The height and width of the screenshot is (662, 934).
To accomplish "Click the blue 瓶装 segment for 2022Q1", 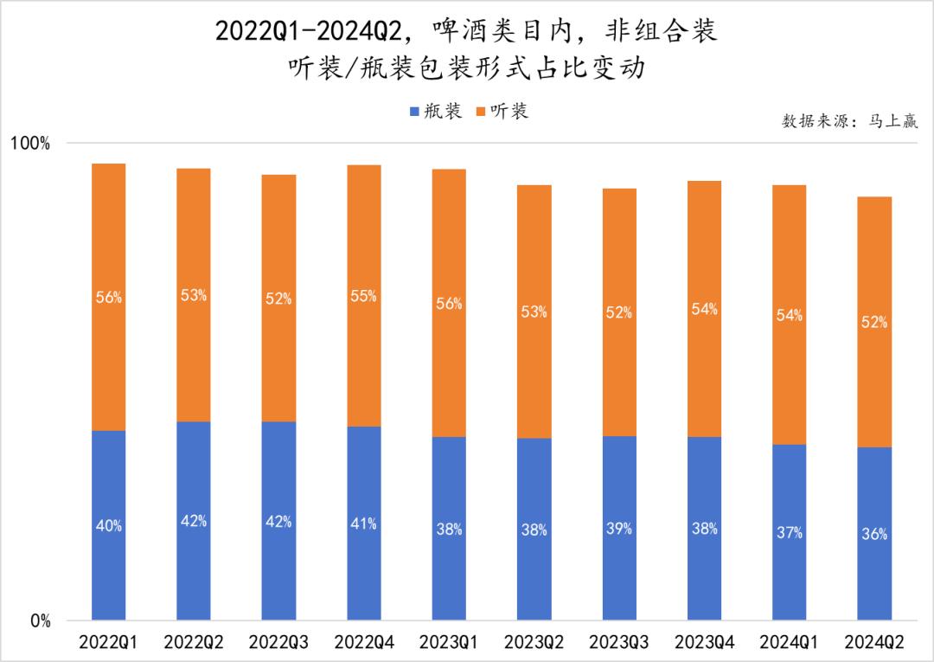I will click(x=108, y=485).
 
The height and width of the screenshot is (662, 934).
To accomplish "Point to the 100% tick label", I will click(x=30, y=143).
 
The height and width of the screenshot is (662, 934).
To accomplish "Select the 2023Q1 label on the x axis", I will click(x=449, y=643).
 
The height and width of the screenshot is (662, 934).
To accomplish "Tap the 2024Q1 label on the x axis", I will click(x=789, y=643).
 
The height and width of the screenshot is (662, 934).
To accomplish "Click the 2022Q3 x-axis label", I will click(x=278, y=643).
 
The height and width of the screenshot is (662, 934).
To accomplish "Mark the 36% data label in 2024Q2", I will click(x=874, y=534).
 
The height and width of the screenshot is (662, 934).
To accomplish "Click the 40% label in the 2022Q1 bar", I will click(x=108, y=525).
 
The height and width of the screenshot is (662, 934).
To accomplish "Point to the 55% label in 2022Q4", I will click(x=363, y=296).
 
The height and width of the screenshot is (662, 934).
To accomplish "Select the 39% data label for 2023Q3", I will click(x=619, y=528).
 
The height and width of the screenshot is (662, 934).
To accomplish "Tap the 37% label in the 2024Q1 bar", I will click(x=789, y=532).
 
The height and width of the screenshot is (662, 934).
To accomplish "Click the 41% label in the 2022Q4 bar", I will click(x=363, y=524).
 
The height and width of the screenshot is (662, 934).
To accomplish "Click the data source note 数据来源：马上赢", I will click(x=850, y=121).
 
